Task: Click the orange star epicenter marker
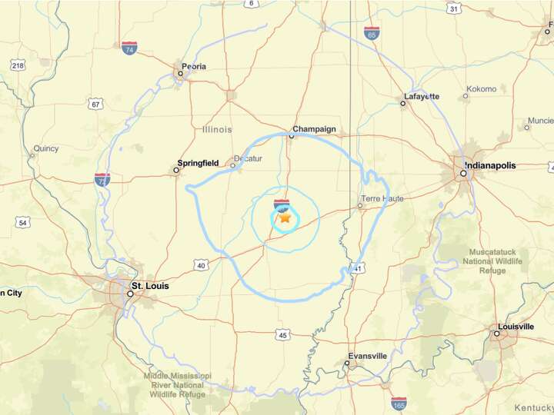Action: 285,218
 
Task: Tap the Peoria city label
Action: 194,66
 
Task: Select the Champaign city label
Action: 314,130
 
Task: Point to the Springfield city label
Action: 199,163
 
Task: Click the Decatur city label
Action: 248,158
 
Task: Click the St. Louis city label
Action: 149,286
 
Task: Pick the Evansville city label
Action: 367,356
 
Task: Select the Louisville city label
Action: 516,327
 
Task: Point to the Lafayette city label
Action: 421,96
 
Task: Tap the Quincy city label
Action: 45,148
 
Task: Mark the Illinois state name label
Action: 217,130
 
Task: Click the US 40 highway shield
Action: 202,265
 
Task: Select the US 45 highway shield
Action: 283,335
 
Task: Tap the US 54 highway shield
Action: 22,223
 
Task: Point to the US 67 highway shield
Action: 95,104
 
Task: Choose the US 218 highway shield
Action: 18,67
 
